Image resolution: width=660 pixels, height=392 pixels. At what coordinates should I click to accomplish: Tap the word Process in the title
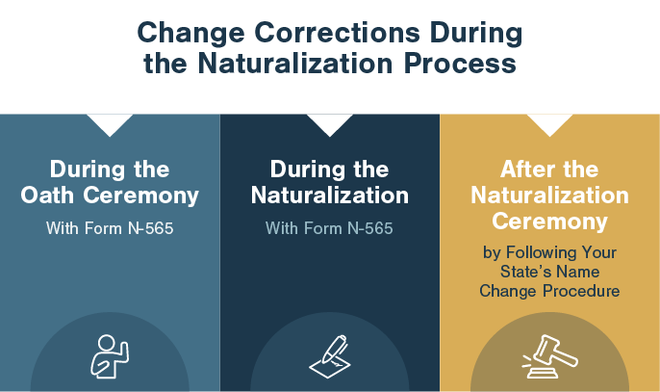(x=460, y=64)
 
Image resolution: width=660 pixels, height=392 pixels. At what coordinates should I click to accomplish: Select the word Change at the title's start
(x=190, y=34)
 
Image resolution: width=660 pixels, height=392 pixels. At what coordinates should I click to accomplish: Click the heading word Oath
(x=47, y=196)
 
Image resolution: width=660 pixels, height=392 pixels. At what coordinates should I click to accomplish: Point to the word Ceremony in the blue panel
(x=140, y=196)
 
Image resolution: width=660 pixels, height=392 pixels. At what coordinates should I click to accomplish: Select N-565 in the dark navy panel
(x=370, y=228)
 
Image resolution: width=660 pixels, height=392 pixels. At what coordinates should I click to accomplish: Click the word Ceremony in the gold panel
(x=549, y=222)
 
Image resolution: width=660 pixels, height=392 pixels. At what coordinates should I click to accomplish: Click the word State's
(x=520, y=272)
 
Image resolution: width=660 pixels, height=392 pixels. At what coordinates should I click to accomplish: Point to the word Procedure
(x=581, y=291)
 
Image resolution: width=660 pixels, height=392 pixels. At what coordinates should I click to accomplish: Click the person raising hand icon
(x=110, y=356)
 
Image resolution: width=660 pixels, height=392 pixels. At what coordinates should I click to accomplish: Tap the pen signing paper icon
(x=330, y=356)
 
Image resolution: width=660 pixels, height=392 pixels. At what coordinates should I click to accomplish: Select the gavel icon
(x=549, y=356)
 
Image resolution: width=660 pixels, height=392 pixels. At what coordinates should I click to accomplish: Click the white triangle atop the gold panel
(x=549, y=122)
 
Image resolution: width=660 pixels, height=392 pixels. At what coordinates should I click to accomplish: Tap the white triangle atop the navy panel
(x=330, y=122)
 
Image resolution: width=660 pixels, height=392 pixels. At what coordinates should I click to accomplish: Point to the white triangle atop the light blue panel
(x=110, y=122)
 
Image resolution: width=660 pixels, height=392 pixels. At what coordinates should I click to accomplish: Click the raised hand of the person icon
(x=124, y=351)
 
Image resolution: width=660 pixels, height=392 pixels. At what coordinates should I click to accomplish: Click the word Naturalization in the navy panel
(x=330, y=196)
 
